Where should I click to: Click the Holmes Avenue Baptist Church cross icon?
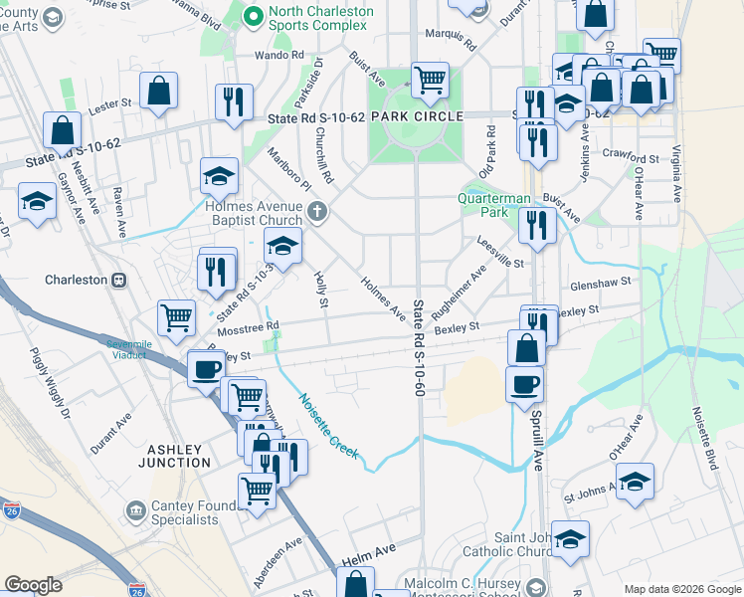317,210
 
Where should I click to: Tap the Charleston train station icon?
118,280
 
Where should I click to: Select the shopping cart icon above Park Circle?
430,79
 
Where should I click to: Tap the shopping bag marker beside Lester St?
158,92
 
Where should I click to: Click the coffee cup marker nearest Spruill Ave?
524,383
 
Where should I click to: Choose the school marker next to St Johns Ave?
635,482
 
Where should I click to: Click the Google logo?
33,585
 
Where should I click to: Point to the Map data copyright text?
681,589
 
